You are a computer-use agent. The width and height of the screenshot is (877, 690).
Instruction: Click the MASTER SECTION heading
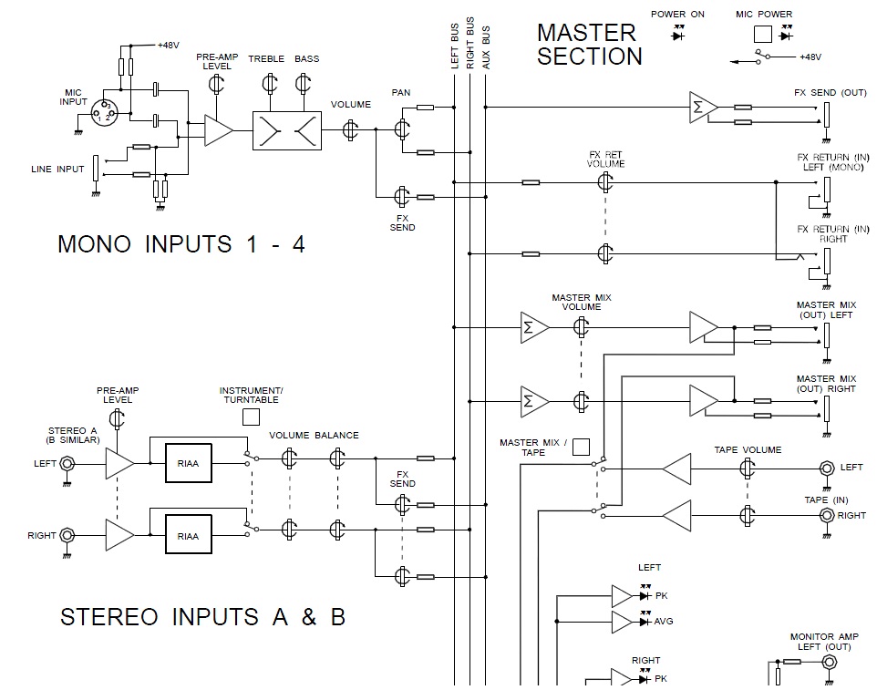tap(589, 44)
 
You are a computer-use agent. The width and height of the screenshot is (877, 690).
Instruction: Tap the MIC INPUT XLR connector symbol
tap(106, 112)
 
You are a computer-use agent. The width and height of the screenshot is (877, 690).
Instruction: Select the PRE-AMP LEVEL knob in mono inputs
tap(217, 85)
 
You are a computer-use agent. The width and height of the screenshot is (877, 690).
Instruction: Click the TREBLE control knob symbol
tap(268, 85)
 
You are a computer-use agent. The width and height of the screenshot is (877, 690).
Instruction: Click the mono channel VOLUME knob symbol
tap(350, 130)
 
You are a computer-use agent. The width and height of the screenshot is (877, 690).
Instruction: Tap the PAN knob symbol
tap(401, 129)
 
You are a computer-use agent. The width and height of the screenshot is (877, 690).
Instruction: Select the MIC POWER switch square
tap(762, 35)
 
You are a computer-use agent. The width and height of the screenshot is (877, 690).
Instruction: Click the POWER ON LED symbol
tap(679, 34)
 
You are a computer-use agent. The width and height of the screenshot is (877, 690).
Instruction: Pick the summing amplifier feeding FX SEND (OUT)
tap(703, 108)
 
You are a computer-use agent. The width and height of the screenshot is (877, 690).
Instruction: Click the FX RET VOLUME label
tap(606, 159)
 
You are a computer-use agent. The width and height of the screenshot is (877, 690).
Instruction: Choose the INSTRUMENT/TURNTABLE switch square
tap(251, 417)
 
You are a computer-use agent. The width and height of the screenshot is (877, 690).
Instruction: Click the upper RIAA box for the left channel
tap(188, 462)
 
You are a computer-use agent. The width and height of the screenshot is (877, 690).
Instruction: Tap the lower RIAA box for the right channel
tap(188, 536)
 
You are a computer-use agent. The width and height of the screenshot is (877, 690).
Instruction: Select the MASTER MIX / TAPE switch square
tap(581, 447)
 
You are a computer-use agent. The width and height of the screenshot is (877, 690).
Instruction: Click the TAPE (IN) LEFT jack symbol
tap(826, 469)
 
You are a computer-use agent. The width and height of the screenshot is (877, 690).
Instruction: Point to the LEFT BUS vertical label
tap(455, 46)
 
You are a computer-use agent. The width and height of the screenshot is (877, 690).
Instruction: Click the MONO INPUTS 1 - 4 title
tap(181, 244)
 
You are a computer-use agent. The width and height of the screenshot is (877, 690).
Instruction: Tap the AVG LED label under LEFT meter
tap(665, 622)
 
